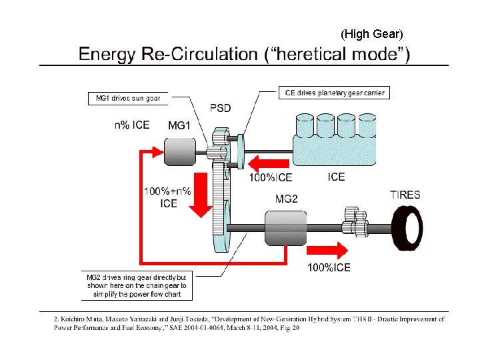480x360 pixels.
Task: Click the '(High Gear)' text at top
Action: tap(372, 33)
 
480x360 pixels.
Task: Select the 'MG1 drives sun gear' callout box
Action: tap(128, 99)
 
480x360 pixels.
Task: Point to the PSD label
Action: tap(221, 108)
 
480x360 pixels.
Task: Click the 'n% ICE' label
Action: tap(131, 124)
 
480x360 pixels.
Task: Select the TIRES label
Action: tap(405, 195)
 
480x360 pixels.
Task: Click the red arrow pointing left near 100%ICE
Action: tap(265, 163)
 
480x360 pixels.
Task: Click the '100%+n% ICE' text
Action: tap(167, 197)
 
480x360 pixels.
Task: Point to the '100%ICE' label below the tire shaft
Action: tap(329, 268)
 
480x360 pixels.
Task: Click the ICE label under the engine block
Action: tap(337, 177)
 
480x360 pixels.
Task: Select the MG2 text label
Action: tap(286, 199)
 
